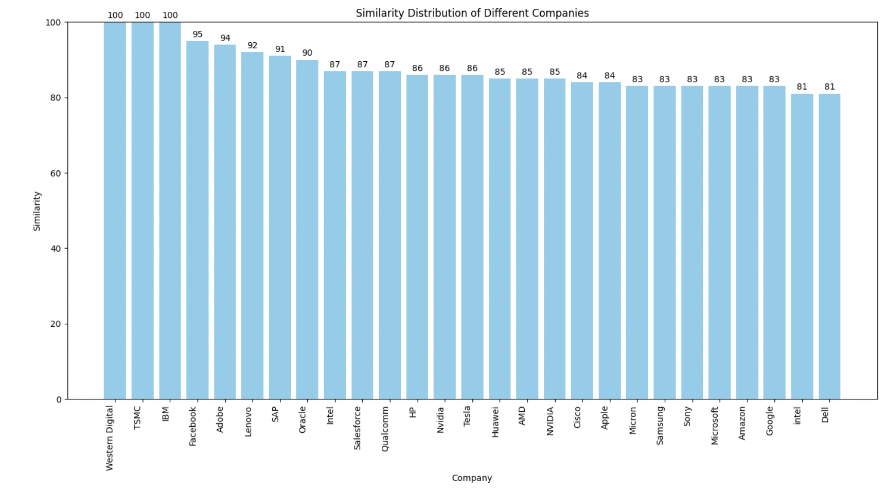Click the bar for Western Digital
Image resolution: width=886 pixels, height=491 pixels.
pos(115,211)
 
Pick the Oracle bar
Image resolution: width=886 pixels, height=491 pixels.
pos(307,230)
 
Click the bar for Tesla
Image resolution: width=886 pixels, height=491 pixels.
pos(472,237)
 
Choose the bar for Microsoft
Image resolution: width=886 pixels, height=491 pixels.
pos(719,242)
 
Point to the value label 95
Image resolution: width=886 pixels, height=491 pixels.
pos(198,34)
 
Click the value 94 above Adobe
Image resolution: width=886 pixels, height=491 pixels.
pos(225,38)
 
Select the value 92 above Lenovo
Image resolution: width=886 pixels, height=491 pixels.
pos(252,45)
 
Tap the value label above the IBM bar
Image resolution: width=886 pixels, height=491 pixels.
pos(170,15)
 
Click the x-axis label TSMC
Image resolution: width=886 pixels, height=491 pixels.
pos(137,417)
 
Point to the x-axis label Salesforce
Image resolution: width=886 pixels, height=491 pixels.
pos(358,428)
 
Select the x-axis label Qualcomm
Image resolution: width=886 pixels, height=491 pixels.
pos(385,429)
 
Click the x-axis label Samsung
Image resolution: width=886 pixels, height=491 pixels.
pos(660,425)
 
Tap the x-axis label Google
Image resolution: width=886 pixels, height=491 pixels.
pos(770,420)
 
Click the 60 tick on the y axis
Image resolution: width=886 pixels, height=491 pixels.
pos(56,173)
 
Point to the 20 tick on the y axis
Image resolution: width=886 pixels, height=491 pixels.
pos(56,324)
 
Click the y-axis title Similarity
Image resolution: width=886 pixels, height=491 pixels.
pos(37,211)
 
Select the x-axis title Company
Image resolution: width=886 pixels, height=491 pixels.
pos(472,478)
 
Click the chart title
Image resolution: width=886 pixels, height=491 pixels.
pos(472,13)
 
